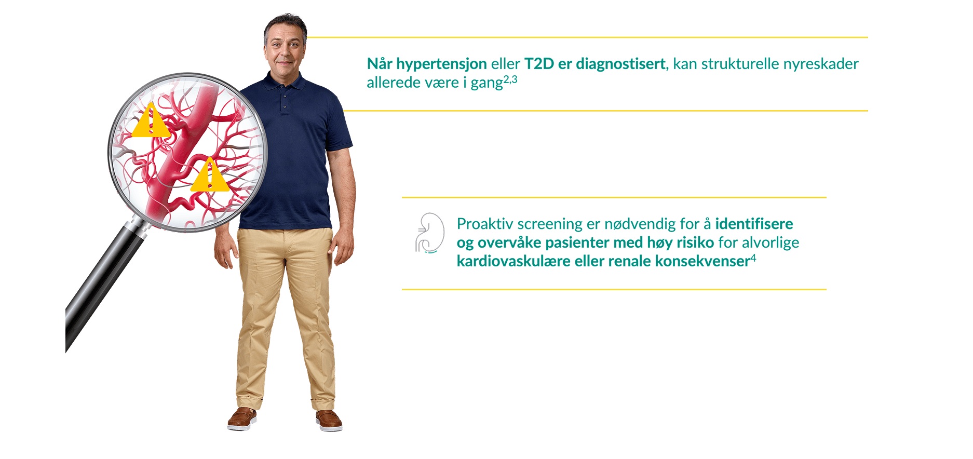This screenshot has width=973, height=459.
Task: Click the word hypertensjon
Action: pos(441,64)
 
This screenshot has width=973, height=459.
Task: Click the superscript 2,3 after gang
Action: pos(510,80)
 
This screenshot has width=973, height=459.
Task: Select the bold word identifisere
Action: pos(754,224)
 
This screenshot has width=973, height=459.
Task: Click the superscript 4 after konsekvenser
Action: pos(753,258)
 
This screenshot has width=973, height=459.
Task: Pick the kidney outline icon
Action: pos(430,233)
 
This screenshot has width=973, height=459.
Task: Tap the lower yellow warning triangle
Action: pos(209,177)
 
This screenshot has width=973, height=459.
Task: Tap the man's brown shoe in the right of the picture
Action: pos(329,420)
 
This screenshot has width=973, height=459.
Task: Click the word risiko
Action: pos(695,242)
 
